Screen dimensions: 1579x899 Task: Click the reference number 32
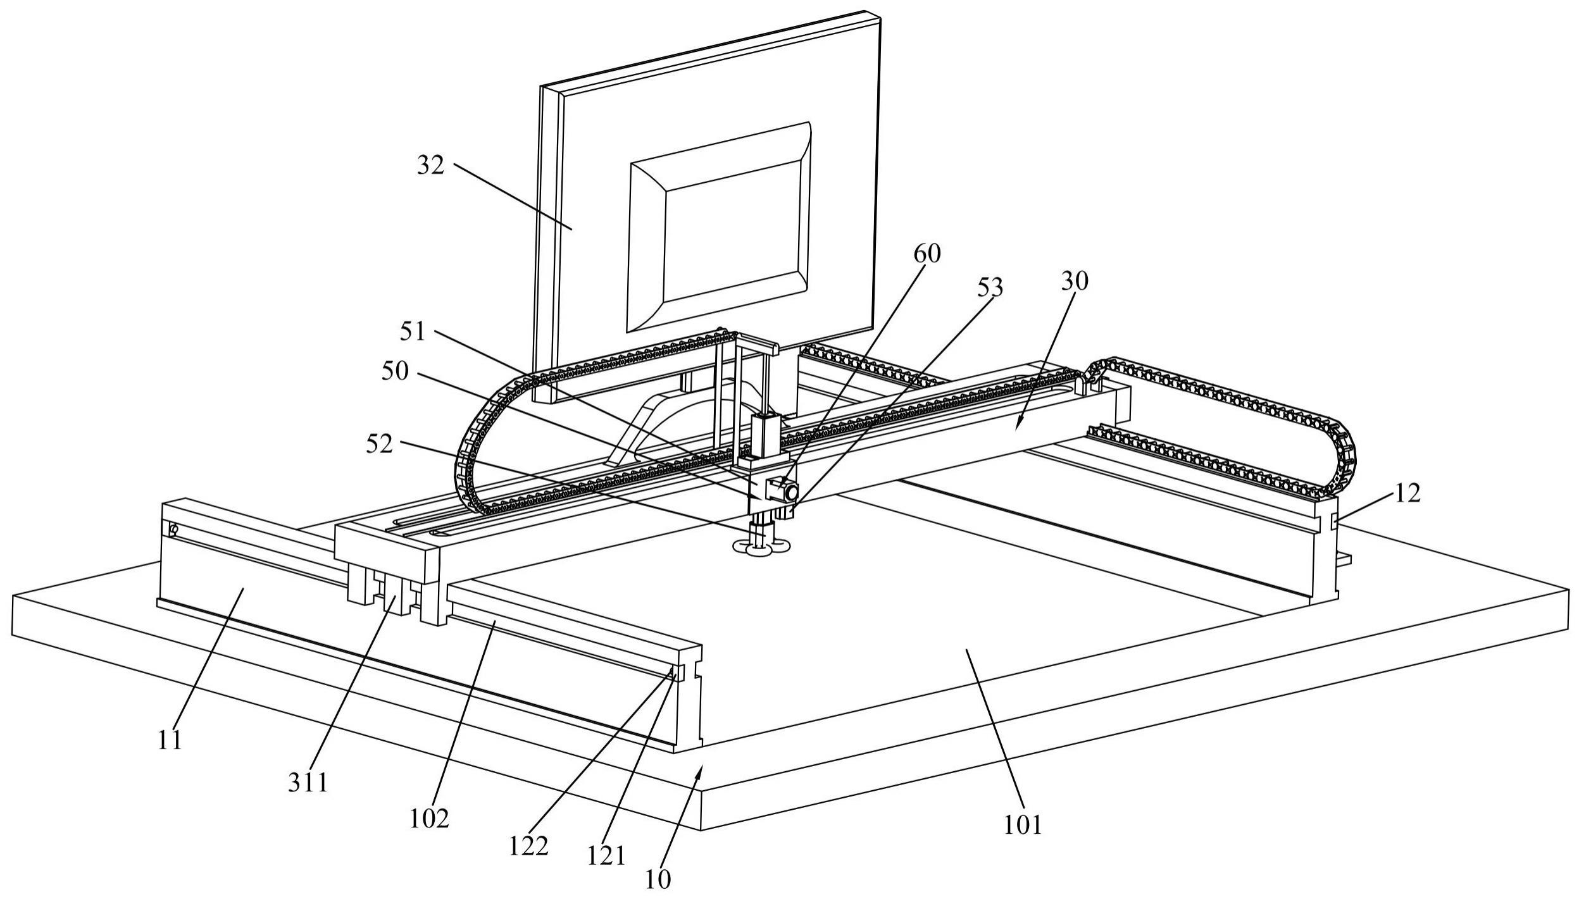tap(430, 166)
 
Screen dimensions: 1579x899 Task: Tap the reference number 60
tap(927, 254)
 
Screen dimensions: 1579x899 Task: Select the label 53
tap(990, 288)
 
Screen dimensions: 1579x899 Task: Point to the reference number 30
tap(1075, 281)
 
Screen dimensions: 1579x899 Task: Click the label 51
tap(413, 332)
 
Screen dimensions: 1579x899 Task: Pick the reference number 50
tap(395, 371)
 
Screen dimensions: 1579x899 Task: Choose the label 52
tap(380, 444)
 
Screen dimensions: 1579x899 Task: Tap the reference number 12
tap(1407, 493)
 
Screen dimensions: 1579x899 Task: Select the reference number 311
tap(308, 783)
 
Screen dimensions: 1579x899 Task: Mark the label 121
tap(605, 857)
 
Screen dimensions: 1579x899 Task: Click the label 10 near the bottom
tap(658, 879)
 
